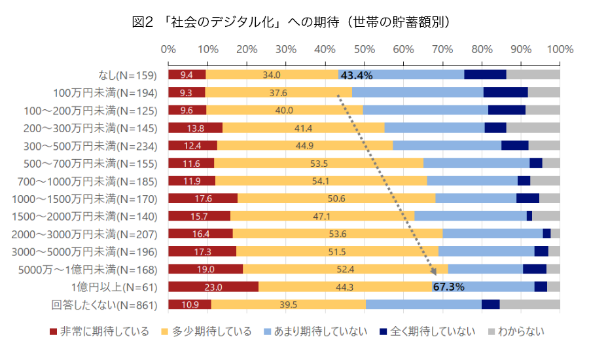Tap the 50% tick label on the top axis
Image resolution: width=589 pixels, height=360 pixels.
(364, 50)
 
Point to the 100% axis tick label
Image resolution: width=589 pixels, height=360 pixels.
(560, 50)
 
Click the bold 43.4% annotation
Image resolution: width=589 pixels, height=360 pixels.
(357, 75)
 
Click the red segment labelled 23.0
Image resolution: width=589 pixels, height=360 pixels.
(213, 287)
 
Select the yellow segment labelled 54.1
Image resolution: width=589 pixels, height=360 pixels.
(321, 181)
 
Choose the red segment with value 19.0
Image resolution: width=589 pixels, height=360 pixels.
(205, 269)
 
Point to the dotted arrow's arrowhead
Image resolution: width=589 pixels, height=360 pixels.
(435, 274)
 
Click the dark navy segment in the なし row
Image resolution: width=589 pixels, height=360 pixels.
(485, 75)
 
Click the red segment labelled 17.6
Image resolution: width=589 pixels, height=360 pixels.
(203, 198)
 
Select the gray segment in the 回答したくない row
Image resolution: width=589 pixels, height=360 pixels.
(529, 304)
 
